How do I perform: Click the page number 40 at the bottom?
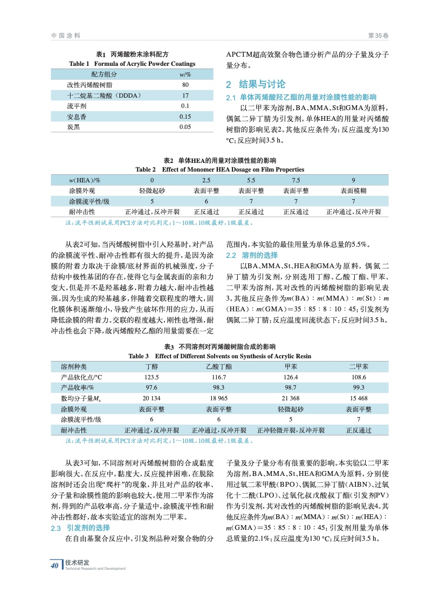(x=54, y=565)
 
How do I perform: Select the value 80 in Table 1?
(x=185, y=85)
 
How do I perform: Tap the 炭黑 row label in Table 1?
(x=73, y=126)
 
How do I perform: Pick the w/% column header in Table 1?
(x=185, y=74)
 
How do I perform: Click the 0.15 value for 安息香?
(x=185, y=116)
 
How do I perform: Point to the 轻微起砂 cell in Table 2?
(x=152, y=190)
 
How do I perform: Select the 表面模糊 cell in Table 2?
(x=353, y=190)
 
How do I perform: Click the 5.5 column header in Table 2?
(x=251, y=180)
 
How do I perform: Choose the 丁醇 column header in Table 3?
(x=152, y=366)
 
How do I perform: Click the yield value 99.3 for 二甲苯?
(x=359, y=387)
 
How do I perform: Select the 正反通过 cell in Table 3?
(x=359, y=430)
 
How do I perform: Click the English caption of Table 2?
(x=219, y=169)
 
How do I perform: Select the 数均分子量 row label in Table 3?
(x=81, y=398)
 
